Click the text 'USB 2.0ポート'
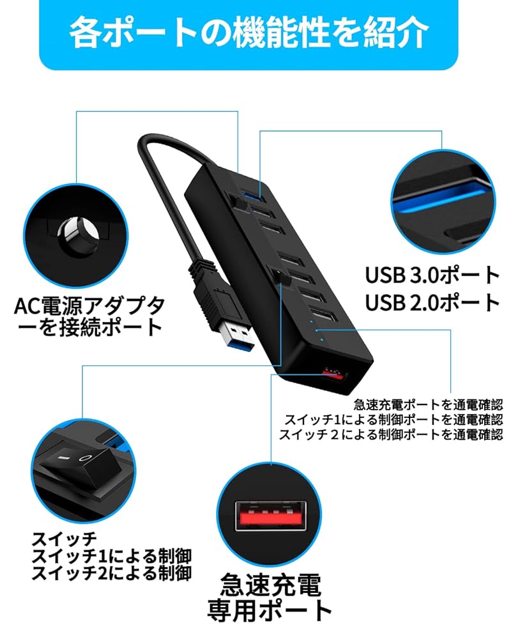tap(432, 302)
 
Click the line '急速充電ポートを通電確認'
tap(428, 404)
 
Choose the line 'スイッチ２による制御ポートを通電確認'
tap(391, 435)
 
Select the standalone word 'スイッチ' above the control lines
tap(64, 537)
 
